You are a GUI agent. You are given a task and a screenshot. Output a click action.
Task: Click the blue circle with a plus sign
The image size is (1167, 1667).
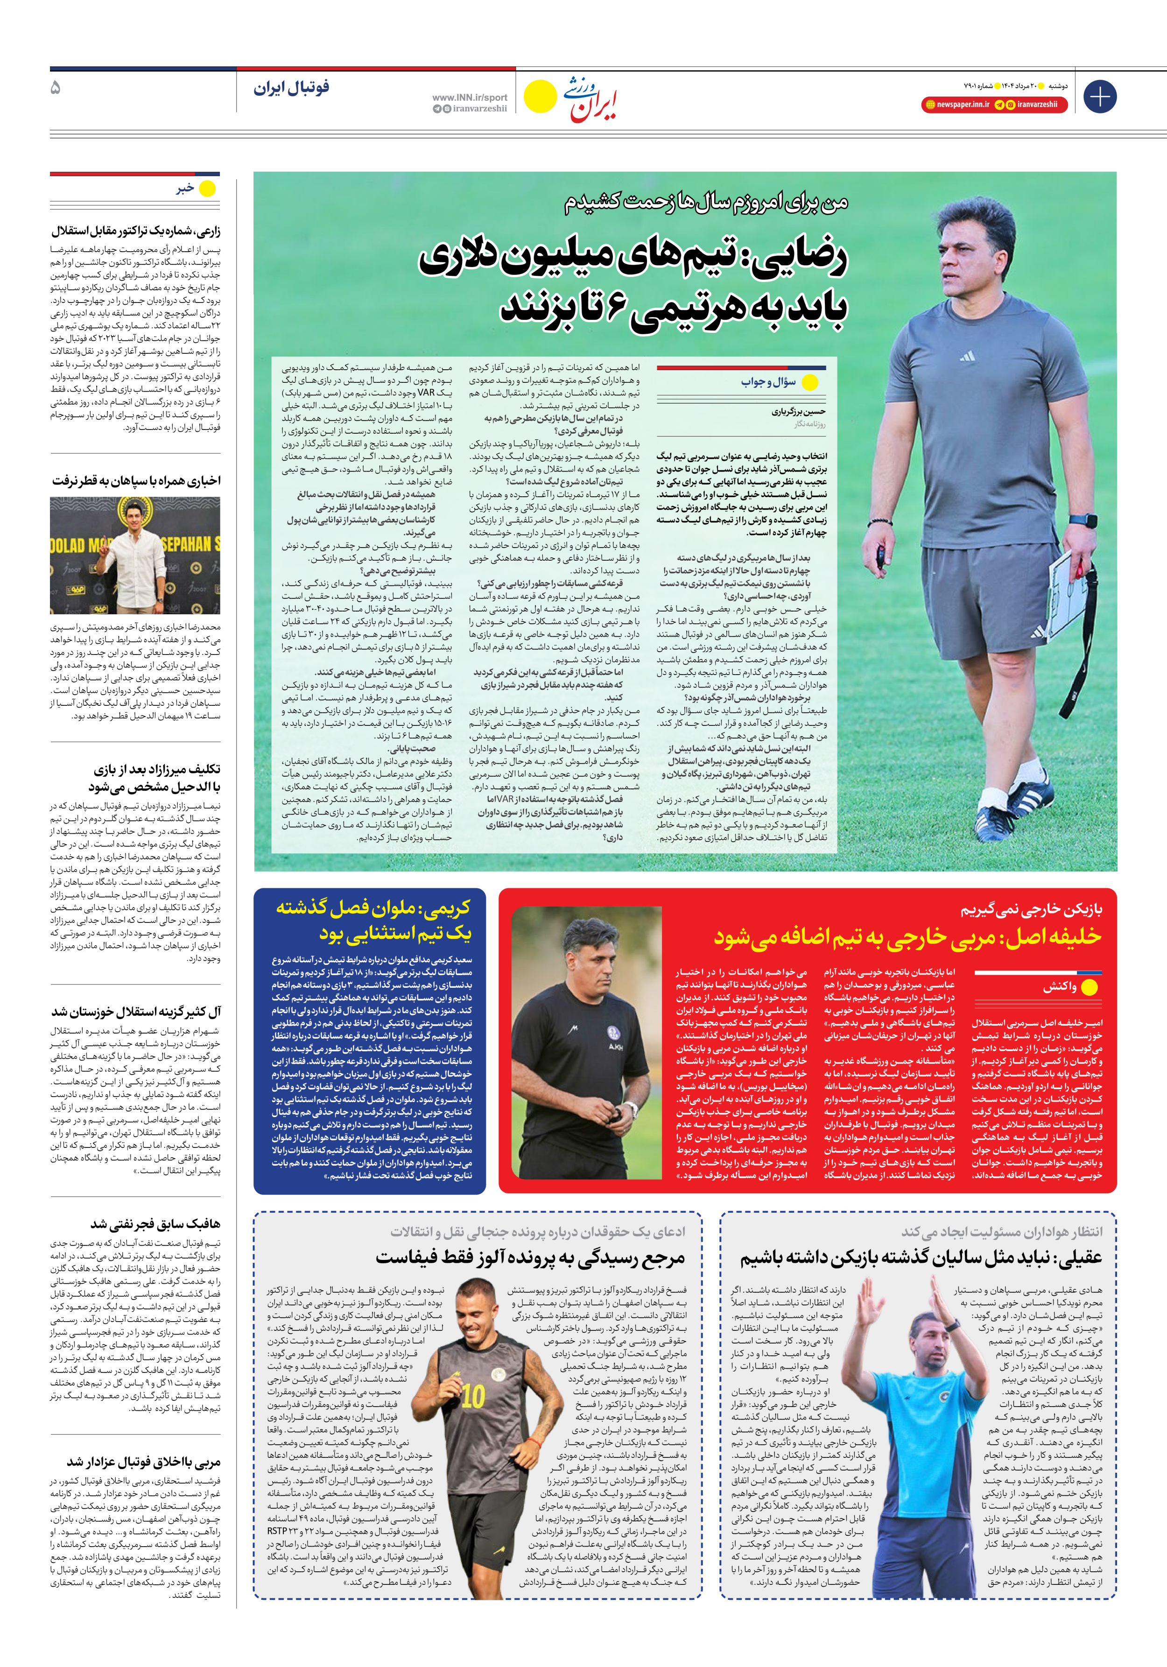point(1099,97)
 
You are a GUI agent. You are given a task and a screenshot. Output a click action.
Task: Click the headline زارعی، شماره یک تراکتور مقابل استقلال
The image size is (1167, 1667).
point(136,231)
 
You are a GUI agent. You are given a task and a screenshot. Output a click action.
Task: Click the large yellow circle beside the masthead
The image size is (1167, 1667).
point(540,97)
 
